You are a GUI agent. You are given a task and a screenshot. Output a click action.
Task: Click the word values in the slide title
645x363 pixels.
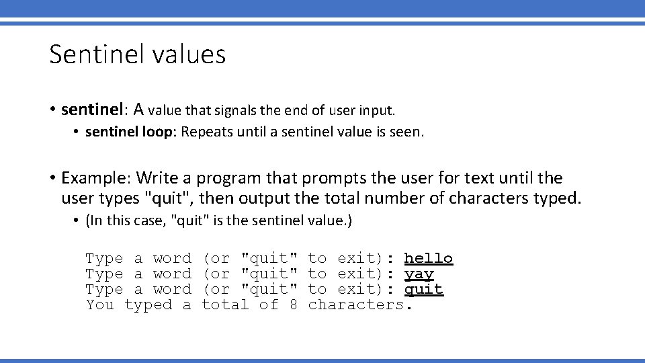coord(189,54)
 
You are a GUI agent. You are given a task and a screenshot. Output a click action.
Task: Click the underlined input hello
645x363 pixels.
coord(428,259)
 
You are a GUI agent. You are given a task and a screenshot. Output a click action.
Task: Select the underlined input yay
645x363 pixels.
coord(419,274)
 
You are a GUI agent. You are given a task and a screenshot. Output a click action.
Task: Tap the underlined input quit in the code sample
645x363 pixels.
coord(423,290)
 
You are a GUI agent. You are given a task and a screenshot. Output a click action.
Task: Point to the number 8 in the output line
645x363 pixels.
coord(293,305)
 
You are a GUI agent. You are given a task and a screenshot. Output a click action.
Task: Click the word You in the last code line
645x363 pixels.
coord(100,305)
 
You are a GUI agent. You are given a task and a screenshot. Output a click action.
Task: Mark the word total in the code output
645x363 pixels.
coord(225,305)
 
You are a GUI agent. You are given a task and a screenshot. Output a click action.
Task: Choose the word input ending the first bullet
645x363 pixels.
coord(378,109)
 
